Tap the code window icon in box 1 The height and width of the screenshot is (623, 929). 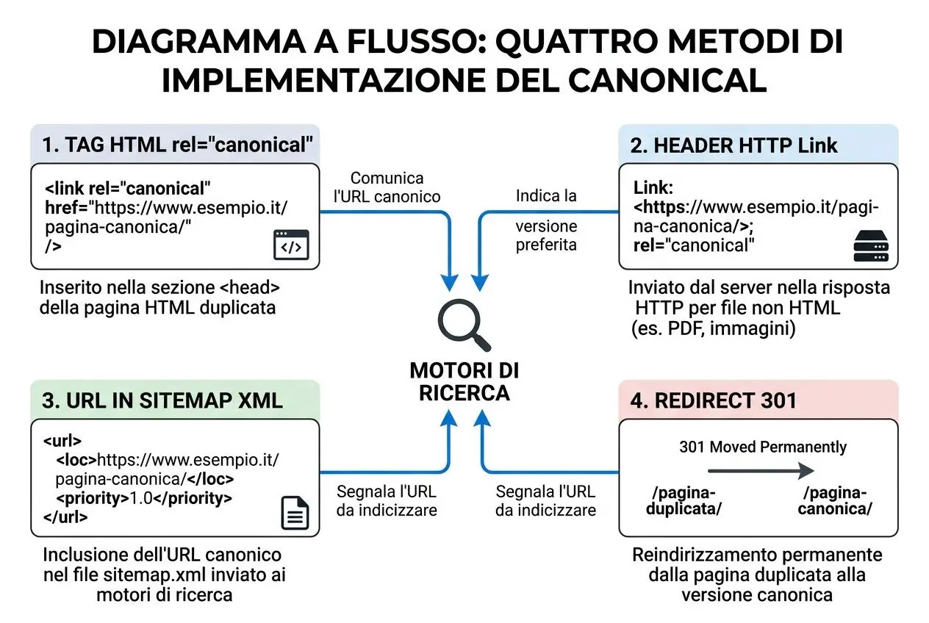click(291, 245)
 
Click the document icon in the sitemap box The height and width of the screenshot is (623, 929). click(295, 512)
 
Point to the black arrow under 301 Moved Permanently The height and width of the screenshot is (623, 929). click(760, 470)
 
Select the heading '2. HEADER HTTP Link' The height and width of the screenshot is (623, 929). click(733, 145)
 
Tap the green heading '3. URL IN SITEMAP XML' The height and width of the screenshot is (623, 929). click(162, 400)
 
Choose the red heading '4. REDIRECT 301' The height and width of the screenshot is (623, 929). click(713, 400)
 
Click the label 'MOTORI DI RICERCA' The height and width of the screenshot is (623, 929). click(464, 381)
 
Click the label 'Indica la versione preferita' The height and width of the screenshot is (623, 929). click(546, 220)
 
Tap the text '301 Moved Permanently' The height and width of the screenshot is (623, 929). click(763, 447)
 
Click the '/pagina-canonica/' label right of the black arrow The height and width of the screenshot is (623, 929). click(837, 500)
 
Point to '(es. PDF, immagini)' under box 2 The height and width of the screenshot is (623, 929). click(714, 328)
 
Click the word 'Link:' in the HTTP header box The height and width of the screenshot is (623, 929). click(652, 187)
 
